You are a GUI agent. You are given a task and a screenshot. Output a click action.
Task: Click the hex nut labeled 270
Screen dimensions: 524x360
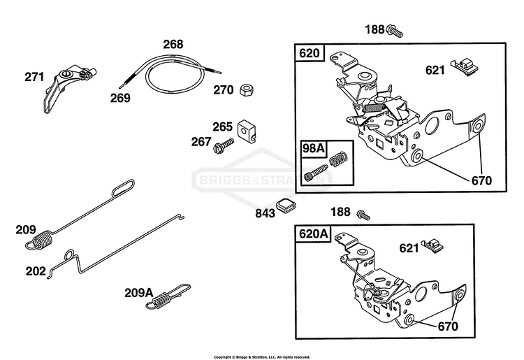(247, 90)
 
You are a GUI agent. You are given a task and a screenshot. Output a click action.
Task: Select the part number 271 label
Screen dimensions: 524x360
(34, 77)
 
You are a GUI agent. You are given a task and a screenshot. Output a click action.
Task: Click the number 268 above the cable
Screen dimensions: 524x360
(173, 44)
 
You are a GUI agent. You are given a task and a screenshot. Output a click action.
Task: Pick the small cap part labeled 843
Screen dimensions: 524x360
(285, 205)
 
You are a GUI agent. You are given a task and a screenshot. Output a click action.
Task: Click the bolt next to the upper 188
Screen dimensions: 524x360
(395, 31)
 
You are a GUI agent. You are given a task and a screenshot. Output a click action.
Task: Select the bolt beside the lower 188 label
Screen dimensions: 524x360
(363, 215)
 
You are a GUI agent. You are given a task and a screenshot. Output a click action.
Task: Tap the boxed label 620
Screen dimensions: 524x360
(310, 53)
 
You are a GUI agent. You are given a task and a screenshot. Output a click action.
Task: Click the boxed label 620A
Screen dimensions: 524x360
(313, 233)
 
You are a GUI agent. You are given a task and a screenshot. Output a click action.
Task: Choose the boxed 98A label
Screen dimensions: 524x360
(313, 147)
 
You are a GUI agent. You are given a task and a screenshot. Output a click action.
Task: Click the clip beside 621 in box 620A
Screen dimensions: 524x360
(433, 246)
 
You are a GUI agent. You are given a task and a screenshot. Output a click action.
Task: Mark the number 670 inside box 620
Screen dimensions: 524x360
(481, 181)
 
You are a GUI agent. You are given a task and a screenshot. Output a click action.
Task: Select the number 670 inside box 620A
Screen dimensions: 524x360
(448, 326)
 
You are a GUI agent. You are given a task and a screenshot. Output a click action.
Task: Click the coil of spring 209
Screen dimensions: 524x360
(42, 238)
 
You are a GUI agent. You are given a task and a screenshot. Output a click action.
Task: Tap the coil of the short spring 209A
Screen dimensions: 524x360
(162, 298)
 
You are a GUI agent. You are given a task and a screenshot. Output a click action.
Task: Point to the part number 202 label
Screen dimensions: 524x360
(36, 271)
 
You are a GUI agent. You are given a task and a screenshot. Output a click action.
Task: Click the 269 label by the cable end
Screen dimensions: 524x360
(120, 98)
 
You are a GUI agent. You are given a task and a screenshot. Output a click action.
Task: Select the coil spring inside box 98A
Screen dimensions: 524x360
(339, 159)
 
